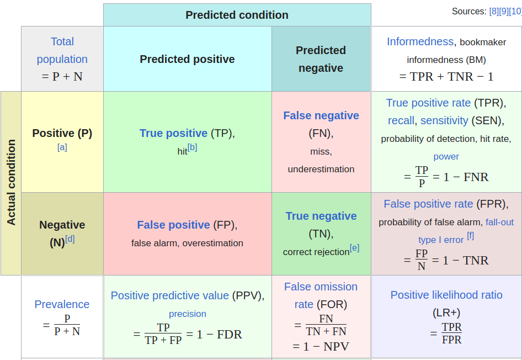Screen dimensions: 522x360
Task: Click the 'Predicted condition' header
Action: [237, 15]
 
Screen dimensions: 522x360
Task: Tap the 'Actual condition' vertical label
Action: [12, 183]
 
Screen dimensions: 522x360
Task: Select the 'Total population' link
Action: [62, 50]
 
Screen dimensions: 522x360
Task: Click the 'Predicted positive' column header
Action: [187, 59]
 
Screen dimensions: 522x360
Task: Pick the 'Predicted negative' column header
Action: [321, 59]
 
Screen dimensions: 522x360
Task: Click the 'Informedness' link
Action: [420, 41]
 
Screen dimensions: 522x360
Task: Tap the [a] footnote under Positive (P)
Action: [62, 147]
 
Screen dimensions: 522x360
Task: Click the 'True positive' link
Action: [173, 133]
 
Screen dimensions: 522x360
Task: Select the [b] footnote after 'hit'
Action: [193, 147]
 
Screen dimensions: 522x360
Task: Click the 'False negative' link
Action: [321, 115]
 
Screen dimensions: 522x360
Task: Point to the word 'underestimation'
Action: [321, 169]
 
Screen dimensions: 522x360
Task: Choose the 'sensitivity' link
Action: [444, 120]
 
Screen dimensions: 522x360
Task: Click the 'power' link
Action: [446, 156]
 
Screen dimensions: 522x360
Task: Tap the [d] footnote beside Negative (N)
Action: [70, 239]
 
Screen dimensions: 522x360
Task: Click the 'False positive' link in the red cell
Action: [173, 225]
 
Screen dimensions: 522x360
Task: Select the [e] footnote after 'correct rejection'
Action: [355, 248]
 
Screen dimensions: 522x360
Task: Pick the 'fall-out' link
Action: [500, 222]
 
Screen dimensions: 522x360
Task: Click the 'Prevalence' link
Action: [62, 304]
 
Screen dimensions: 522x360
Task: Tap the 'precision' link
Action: [188, 314]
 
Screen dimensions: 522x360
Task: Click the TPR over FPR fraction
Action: [452, 333]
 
